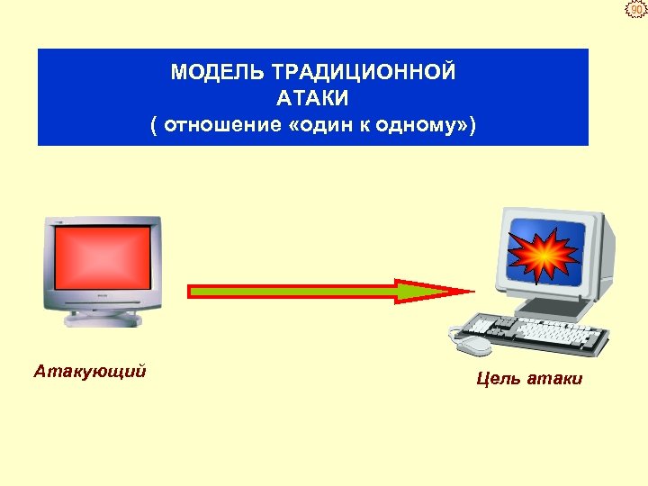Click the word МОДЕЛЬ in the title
point(206,72)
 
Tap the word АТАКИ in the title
point(312,97)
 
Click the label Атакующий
point(90,371)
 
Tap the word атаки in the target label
point(555,379)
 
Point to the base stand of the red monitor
point(103,318)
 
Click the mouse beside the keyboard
point(474,345)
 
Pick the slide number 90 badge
point(636,10)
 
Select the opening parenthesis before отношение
point(155,124)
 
